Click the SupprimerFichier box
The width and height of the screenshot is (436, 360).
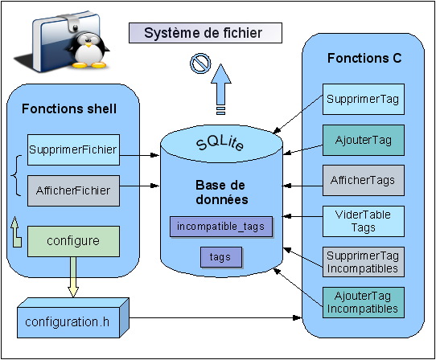point(73,149)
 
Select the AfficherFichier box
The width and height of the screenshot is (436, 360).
point(73,190)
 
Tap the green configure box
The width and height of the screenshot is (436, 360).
point(73,241)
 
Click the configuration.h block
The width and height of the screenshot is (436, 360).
point(73,318)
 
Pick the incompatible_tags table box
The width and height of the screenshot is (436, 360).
point(221,227)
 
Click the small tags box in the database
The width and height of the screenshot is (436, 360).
point(221,257)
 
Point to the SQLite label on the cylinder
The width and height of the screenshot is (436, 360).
point(220,143)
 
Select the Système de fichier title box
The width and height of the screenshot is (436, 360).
point(205,33)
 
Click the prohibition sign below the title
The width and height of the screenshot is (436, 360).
point(200,63)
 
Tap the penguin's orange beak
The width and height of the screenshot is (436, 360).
point(88,44)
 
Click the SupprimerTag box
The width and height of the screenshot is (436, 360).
point(364,99)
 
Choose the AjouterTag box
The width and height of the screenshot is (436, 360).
point(364,140)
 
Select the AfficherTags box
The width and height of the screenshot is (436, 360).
point(364,181)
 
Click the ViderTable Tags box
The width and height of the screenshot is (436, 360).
point(364,222)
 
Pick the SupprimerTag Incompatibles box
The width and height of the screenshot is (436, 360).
point(364,262)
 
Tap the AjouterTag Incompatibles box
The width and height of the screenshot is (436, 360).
point(364,302)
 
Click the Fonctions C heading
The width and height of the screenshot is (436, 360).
point(364,58)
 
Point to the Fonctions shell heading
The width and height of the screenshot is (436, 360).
point(69,108)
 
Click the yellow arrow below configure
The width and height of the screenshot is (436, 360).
point(73,277)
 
